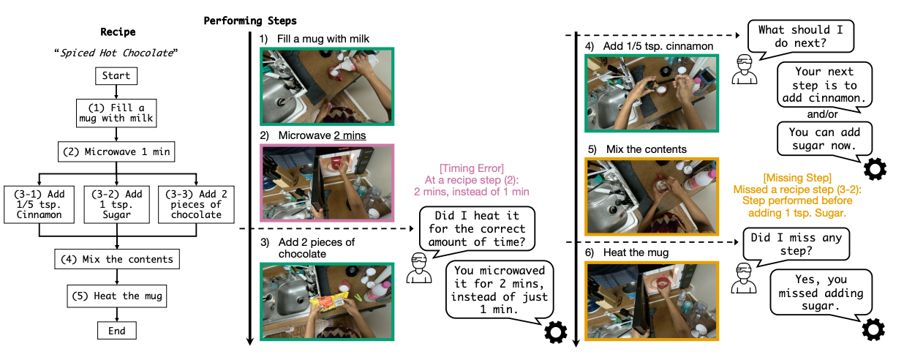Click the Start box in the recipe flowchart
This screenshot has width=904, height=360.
[116, 75]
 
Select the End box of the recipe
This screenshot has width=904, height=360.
[116, 331]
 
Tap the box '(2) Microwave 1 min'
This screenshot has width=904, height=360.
[116, 153]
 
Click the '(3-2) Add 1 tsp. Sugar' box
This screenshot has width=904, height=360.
[117, 205]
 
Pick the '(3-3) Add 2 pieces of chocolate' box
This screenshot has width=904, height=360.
[195, 205]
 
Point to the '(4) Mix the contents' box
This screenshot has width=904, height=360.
[116, 259]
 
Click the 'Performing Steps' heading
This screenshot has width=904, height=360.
[250, 20]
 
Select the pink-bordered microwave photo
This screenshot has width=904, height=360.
[327, 183]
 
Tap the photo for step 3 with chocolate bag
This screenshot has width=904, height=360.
[327, 301]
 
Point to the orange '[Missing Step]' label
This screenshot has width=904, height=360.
[796, 178]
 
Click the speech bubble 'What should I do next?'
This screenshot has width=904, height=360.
[799, 36]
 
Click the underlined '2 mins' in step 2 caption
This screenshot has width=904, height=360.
[350, 135]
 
